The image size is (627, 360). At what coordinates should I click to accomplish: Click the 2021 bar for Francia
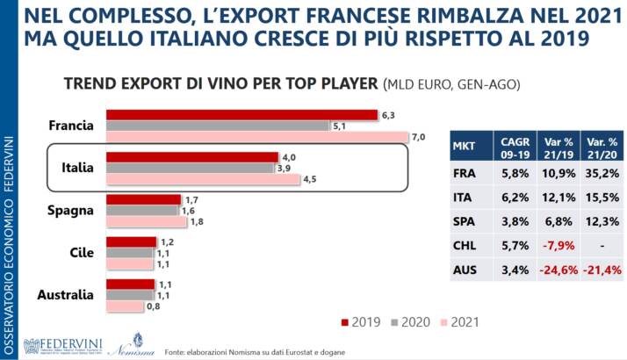coord(257,137)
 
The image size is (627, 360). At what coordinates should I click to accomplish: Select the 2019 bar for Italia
coord(191,157)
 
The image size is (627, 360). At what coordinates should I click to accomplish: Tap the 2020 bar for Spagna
coord(142,211)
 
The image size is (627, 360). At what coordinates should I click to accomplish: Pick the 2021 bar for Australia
coord(124,307)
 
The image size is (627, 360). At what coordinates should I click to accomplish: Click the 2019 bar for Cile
coord(131,241)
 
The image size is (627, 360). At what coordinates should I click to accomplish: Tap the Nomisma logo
coord(124,343)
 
